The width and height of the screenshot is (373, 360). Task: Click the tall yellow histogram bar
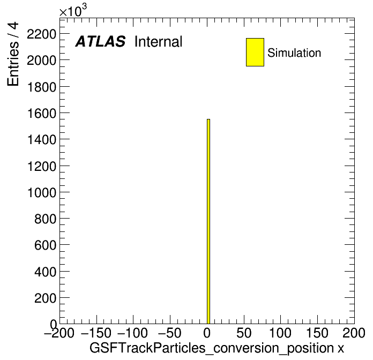point(208,221)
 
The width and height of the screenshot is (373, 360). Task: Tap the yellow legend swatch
point(255,52)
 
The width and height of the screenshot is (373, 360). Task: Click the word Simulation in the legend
point(294,53)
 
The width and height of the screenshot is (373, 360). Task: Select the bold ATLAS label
point(100,41)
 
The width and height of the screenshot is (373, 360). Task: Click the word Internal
point(159,42)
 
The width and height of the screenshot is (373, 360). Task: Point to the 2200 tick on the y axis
point(42,34)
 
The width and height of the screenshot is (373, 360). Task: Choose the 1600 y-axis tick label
point(42,114)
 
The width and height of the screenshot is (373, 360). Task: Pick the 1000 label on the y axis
point(42,193)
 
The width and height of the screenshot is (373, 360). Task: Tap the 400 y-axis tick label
point(45,272)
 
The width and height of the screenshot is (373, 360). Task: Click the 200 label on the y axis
point(45,298)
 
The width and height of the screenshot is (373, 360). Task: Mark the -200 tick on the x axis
point(59,333)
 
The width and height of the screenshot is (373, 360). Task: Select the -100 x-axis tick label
point(132,333)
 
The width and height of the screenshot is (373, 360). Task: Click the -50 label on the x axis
point(169,333)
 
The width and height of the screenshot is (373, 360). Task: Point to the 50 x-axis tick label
point(244,333)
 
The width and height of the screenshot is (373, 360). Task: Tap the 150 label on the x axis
point(317,333)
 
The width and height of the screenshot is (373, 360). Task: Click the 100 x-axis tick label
point(280,333)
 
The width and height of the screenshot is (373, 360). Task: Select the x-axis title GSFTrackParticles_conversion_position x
point(217,348)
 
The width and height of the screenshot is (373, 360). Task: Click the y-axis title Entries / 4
point(13,54)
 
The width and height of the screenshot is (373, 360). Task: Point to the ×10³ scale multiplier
point(73,11)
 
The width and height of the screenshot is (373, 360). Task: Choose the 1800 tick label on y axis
point(42,87)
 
